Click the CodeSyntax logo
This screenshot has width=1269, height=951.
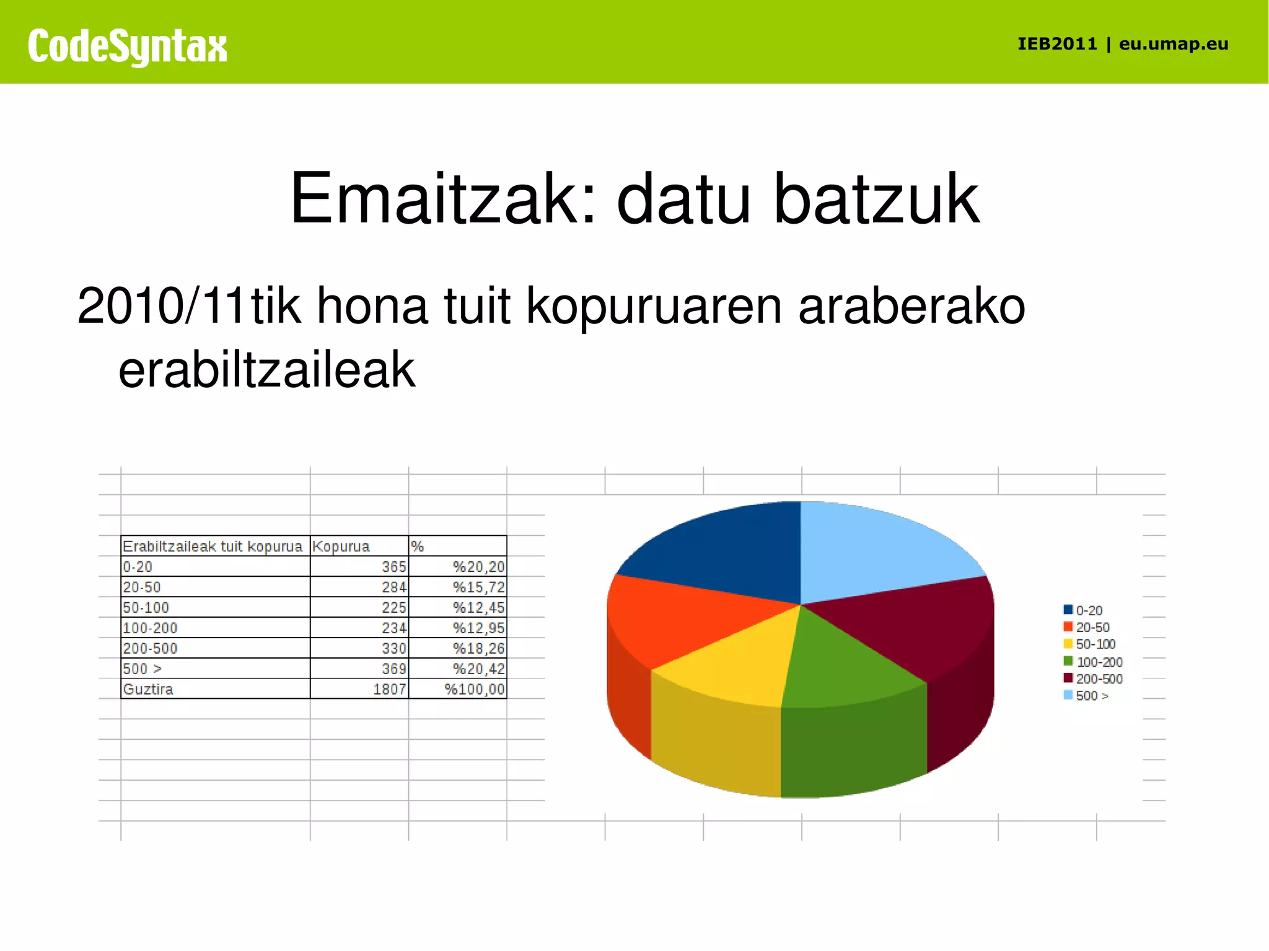[127, 46]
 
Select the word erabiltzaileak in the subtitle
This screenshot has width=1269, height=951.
[266, 370]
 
